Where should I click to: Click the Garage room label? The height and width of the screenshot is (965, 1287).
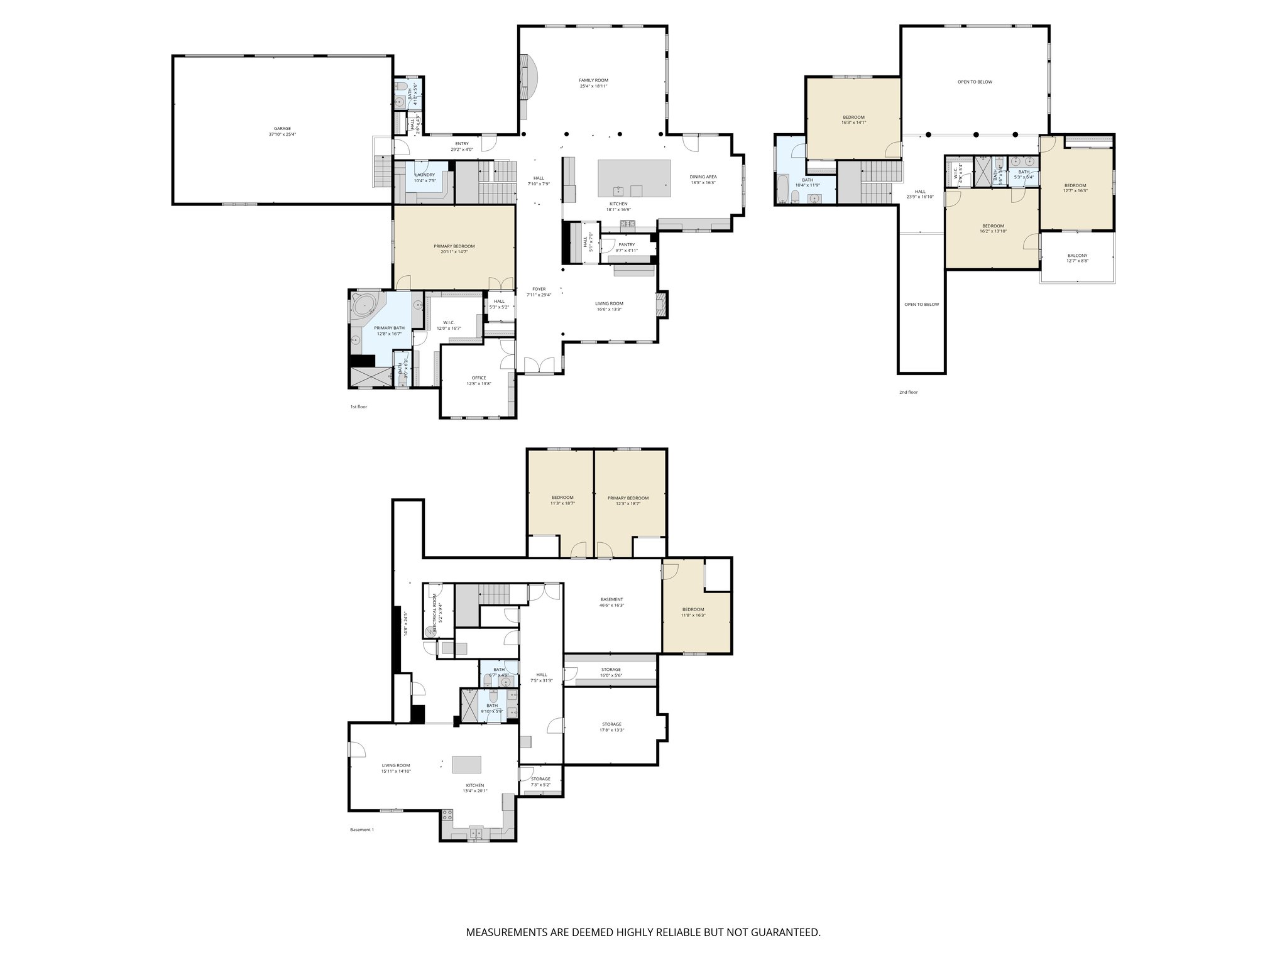[x=282, y=131]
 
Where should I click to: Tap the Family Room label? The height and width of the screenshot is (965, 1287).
[x=593, y=83]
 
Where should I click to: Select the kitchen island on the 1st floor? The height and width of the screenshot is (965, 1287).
[x=633, y=178]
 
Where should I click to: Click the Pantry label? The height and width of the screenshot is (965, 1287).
[x=627, y=248]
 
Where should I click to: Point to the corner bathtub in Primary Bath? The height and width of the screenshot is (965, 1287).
[x=364, y=306]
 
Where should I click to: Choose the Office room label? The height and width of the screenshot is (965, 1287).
[x=479, y=381]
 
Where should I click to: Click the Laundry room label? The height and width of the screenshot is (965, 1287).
[x=425, y=177]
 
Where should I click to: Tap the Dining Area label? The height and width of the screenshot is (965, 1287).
[x=703, y=180]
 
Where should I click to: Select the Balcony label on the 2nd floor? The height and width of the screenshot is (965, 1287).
[x=1077, y=258]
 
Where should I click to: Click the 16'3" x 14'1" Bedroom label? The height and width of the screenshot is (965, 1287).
[x=853, y=120]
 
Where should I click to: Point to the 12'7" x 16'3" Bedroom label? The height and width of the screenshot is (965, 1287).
[x=1075, y=188]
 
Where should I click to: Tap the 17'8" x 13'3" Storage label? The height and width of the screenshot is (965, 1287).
[x=611, y=727]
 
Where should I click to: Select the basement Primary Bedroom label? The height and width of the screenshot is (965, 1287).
[x=628, y=501]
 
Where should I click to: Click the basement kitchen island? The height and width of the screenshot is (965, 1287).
[x=468, y=765]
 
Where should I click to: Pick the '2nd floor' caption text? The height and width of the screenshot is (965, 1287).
[x=908, y=392]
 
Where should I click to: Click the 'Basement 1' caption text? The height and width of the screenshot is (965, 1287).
[x=361, y=829]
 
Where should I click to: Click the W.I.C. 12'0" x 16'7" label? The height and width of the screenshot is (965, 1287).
[x=448, y=325]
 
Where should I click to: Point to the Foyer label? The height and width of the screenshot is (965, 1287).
[x=539, y=292]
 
